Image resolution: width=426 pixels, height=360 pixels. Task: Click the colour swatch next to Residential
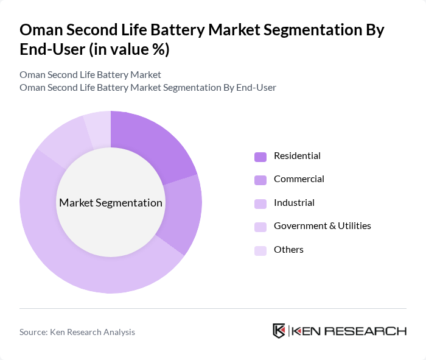click(x=260, y=157)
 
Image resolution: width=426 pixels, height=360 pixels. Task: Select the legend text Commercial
click(x=299, y=179)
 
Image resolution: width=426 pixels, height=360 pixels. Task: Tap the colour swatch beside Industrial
click(x=260, y=203)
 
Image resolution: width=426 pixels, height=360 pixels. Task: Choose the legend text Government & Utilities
click(x=322, y=226)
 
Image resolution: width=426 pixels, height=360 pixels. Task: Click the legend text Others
click(x=288, y=249)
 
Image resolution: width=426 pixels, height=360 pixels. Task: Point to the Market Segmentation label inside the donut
click(x=111, y=203)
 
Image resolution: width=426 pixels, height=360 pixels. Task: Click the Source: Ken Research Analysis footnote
click(x=77, y=332)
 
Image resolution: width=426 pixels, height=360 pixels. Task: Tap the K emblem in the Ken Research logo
click(x=279, y=331)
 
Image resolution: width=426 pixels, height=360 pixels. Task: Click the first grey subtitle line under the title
click(x=90, y=74)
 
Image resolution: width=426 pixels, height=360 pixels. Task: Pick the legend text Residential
click(x=297, y=156)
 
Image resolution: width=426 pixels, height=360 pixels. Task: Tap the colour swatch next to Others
click(x=260, y=250)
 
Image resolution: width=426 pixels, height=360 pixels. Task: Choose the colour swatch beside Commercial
click(x=260, y=180)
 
